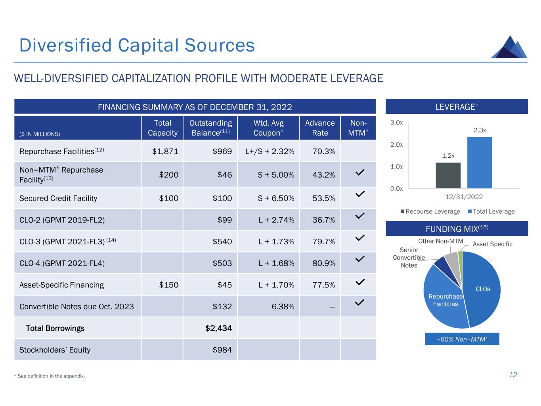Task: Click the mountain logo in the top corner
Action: (509, 48)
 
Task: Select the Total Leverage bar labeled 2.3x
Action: (480, 163)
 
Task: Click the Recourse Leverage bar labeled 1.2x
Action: (448, 175)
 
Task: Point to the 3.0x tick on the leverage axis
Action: (396, 123)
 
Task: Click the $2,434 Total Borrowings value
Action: (218, 328)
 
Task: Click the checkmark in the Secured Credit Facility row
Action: (359, 194)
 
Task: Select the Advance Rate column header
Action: (320, 128)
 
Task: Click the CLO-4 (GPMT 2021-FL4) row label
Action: (62, 263)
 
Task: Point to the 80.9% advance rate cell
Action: (324, 263)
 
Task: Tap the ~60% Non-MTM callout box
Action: (462, 339)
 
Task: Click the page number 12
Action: (513, 375)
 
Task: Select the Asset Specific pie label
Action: (492, 244)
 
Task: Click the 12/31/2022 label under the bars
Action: (464, 197)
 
